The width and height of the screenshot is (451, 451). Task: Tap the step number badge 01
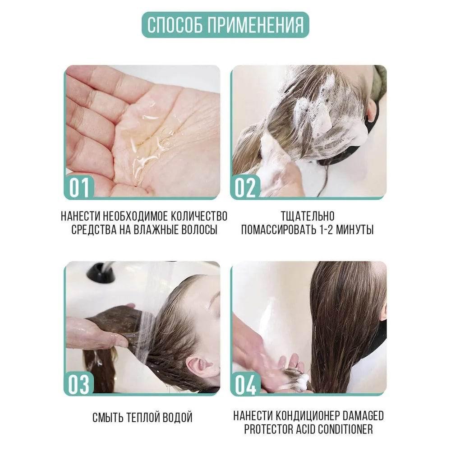(x=79, y=187)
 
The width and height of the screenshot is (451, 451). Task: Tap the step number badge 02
(x=245, y=187)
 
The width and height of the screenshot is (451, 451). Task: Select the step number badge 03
(x=79, y=384)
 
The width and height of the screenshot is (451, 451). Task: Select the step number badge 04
(x=245, y=384)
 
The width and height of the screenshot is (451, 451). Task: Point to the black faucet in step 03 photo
(x=101, y=272)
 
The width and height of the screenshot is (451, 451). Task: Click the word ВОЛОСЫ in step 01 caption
(x=200, y=230)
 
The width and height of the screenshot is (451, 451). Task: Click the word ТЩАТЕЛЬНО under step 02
(x=308, y=216)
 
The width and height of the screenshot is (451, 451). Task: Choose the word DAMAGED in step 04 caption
(x=364, y=416)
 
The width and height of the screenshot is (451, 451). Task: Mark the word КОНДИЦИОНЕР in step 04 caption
(x=308, y=416)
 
